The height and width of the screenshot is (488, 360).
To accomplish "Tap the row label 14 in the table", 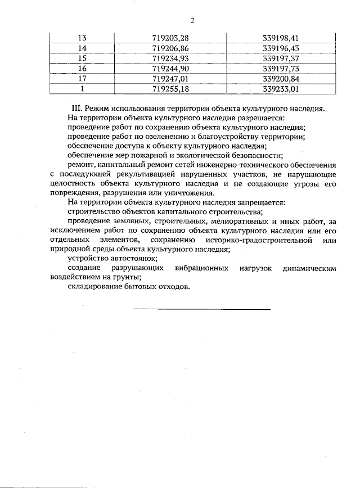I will (x=82, y=49).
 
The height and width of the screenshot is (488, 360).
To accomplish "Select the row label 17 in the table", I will (x=82, y=79).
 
